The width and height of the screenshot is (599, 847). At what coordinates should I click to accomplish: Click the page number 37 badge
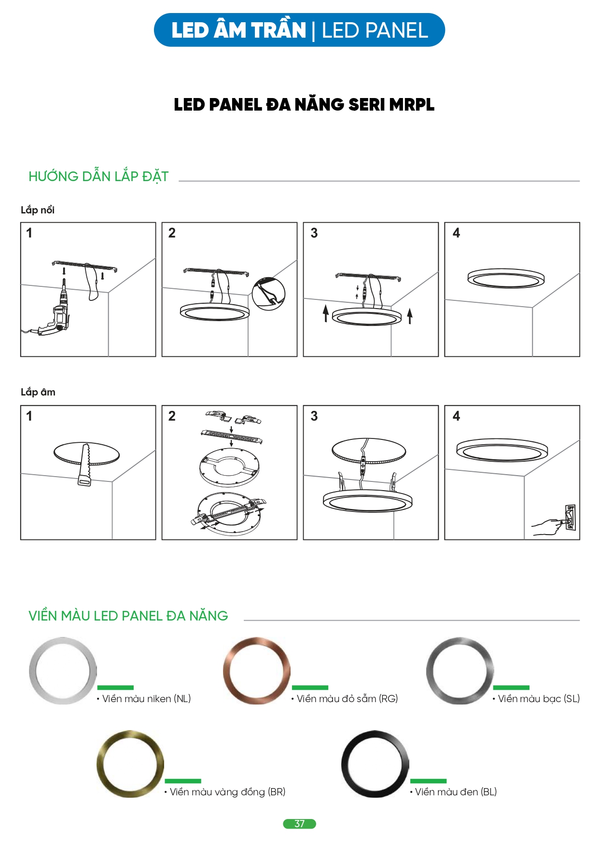tap(299, 824)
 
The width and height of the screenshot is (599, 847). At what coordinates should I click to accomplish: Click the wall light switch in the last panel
tap(570, 517)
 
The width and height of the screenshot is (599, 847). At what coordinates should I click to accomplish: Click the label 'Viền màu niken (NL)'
tap(144, 699)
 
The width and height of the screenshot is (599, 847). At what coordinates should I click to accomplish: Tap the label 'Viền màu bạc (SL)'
tap(536, 699)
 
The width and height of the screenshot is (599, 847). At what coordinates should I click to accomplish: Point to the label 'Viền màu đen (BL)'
tap(453, 792)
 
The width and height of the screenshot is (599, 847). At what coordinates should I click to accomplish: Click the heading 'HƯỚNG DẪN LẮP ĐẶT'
tap(98, 176)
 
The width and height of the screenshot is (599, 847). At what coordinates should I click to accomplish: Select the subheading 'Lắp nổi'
tap(38, 210)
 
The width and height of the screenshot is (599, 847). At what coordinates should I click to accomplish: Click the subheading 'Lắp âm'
tap(38, 392)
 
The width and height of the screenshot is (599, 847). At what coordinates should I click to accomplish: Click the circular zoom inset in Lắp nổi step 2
tap(269, 294)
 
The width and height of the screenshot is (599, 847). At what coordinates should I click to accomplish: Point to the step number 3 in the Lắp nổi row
tap(314, 233)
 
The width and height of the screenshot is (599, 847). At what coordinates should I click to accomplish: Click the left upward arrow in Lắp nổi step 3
tap(326, 313)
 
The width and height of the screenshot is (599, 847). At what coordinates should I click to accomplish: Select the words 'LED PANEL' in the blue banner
tap(375, 30)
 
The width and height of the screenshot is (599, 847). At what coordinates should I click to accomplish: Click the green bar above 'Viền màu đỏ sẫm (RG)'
tap(310, 688)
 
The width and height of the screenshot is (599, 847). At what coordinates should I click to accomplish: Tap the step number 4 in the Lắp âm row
tap(457, 416)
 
